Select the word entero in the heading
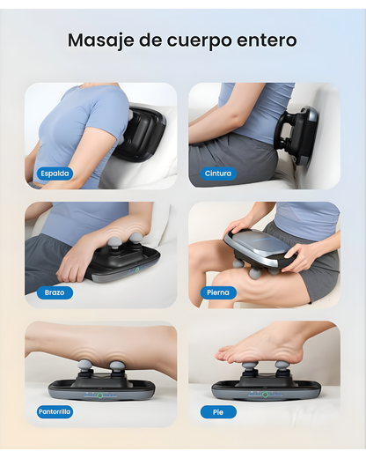tap(267, 41)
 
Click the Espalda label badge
tap(55, 174)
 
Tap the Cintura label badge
tap(218, 174)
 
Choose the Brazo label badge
tap(55, 292)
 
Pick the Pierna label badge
tap(218, 292)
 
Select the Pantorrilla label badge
tap(55, 412)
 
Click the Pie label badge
tap(218, 412)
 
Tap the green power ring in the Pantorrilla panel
tap(100, 395)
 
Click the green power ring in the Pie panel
tap(265, 395)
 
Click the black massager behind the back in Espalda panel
tap(141, 132)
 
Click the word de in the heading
tap(150, 41)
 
